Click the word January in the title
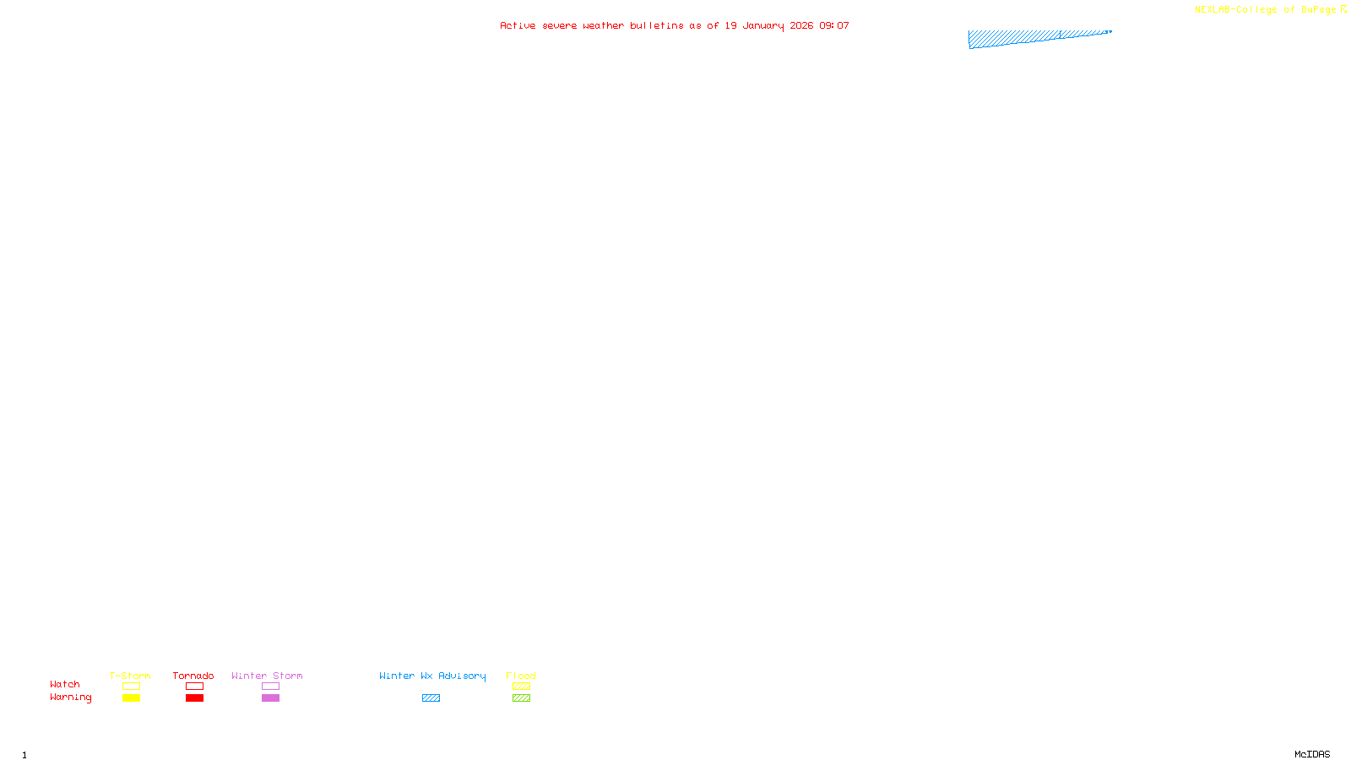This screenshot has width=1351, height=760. pyautogui.click(x=762, y=25)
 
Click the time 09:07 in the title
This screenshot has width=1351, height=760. pyautogui.click(x=833, y=25)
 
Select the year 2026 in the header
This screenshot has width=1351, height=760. pyautogui.click(x=801, y=25)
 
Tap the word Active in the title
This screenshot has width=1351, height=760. pyautogui.click(x=517, y=25)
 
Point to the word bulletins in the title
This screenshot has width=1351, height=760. pyautogui.click(x=656, y=25)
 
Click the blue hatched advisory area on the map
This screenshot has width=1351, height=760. pyautogui.click(x=1013, y=39)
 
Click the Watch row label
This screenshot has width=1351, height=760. pyautogui.click(x=65, y=684)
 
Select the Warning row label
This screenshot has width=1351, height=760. pyautogui.click(x=70, y=698)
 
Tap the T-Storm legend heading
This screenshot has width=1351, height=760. pyautogui.click(x=130, y=676)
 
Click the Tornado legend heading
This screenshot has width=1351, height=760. pyautogui.click(x=193, y=676)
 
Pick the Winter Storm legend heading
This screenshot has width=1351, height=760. pyautogui.click(x=267, y=676)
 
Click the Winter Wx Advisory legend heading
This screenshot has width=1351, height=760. pyautogui.click(x=432, y=676)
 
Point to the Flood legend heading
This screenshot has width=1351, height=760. pyautogui.click(x=521, y=676)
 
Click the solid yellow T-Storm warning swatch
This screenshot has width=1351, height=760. pyautogui.click(x=131, y=698)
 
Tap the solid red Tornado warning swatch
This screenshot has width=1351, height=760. pyautogui.click(x=195, y=698)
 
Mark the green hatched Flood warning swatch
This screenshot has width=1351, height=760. pyautogui.click(x=521, y=698)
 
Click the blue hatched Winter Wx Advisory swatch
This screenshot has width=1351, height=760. pyautogui.click(x=431, y=698)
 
